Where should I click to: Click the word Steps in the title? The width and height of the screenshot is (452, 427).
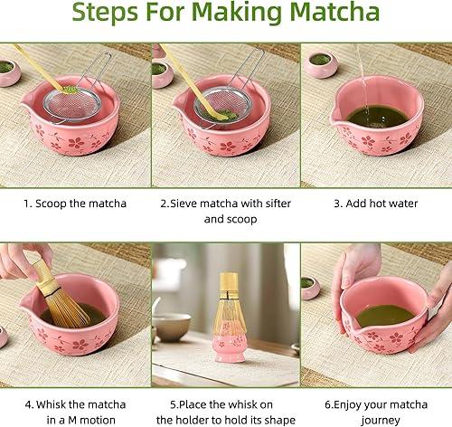[x=110, y=16]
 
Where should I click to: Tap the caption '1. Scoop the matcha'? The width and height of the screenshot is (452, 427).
[x=75, y=204]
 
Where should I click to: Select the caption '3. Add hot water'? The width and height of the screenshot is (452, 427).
[x=376, y=204]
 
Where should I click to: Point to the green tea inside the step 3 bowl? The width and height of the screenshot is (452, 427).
[x=377, y=116]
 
